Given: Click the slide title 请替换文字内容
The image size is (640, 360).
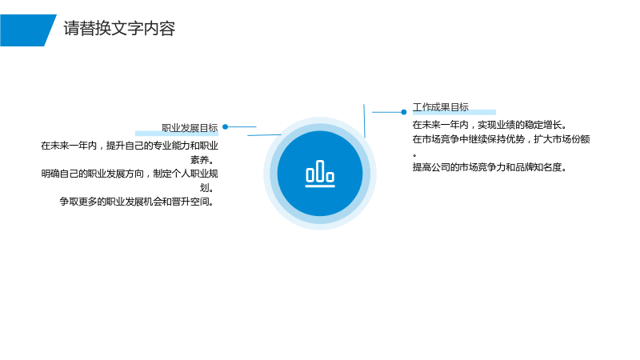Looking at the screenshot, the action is [x=119, y=29].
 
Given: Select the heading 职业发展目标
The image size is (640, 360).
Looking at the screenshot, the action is [x=190, y=128].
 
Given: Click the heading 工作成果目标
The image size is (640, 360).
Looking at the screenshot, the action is [x=441, y=107].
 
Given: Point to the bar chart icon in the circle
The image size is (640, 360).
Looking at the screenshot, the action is [x=320, y=174].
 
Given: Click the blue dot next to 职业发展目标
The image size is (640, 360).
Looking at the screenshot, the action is [x=226, y=127].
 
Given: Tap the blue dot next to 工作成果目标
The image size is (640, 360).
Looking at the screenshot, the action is [x=404, y=112].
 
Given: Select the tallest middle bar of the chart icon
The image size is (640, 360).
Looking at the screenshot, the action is [x=320, y=170].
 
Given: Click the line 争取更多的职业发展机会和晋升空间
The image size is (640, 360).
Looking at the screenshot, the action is [x=137, y=202].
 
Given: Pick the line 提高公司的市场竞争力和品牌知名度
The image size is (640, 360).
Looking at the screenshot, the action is [x=489, y=167].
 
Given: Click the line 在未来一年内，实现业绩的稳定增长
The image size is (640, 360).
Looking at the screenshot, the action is [x=489, y=125].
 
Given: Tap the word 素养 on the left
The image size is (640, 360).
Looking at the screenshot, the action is [x=199, y=159].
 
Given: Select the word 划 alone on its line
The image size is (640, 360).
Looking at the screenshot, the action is [x=204, y=188].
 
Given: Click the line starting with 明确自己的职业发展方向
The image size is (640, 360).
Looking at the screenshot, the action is [x=130, y=174].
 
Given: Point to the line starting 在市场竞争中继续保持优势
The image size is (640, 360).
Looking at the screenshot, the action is [x=501, y=139].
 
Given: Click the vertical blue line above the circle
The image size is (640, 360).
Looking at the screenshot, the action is [x=364, y=121].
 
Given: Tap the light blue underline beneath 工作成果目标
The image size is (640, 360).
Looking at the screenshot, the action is [x=454, y=112].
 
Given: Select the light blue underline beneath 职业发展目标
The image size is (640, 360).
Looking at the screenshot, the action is [x=177, y=133].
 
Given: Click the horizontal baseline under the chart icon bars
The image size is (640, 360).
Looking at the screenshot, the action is [x=320, y=186].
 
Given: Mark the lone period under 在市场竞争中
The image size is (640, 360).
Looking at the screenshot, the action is [x=414, y=155].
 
